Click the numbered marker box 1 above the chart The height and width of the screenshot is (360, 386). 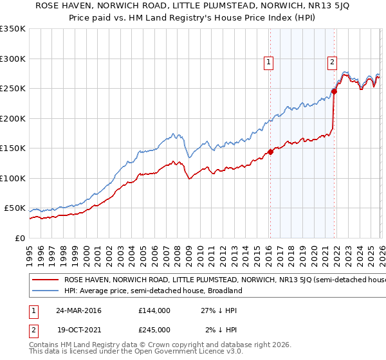(x=268, y=62)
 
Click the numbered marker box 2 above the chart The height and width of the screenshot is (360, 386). (x=332, y=62)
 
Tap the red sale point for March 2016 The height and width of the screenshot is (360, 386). (x=270, y=152)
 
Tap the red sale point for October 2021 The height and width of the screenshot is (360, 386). (x=334, y=91)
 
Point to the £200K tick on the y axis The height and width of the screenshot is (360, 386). (x=13, y=118)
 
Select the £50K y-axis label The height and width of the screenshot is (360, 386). (x=15, y=208)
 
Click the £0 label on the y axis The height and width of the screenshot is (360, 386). (x=21, y=239)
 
